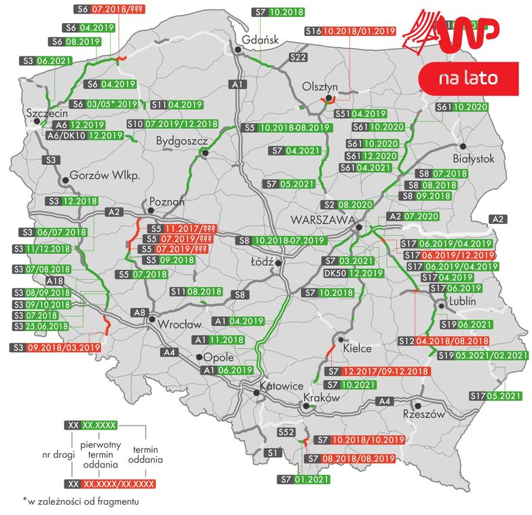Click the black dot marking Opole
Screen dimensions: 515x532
198,357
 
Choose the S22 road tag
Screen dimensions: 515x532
299,58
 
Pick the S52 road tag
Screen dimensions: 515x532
285,432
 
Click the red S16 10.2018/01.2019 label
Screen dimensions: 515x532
350,31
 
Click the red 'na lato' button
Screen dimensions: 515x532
469,79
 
